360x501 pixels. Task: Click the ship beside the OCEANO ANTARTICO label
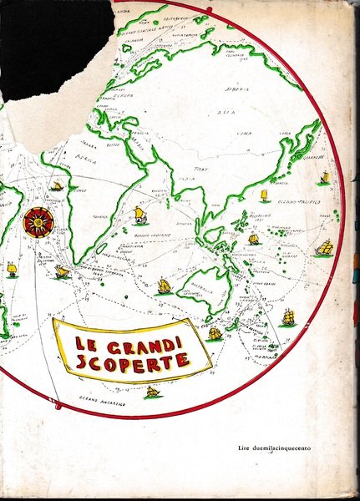(152, 392)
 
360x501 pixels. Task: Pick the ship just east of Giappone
(323, 178)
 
